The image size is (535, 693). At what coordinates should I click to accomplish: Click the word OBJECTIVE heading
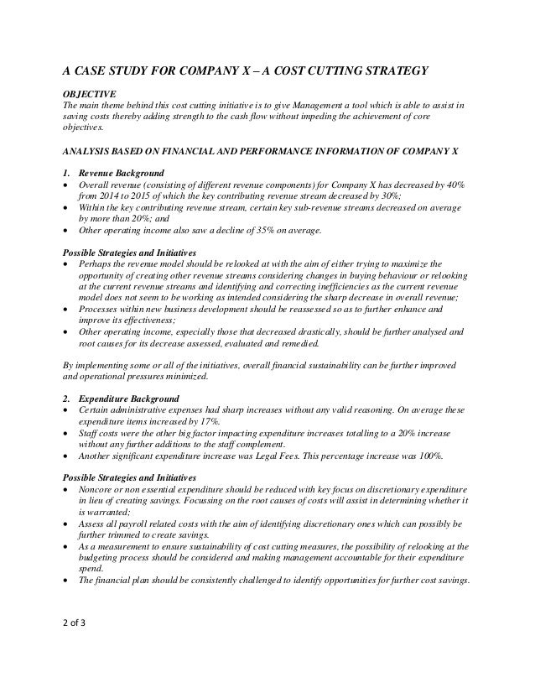[89, 91]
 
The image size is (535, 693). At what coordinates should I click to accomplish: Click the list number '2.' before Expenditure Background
[67, 397]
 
